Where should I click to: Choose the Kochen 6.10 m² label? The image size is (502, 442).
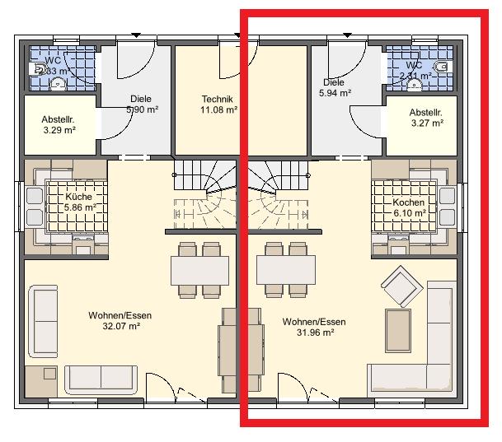[x=410, y=207]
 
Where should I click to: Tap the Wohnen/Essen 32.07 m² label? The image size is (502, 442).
[x=120, y=320]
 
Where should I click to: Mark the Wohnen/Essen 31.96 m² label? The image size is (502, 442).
[x=314, y=327]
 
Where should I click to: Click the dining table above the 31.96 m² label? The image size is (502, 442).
[x=286, y=268]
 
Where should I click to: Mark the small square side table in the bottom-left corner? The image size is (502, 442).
[x=39, y=381]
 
